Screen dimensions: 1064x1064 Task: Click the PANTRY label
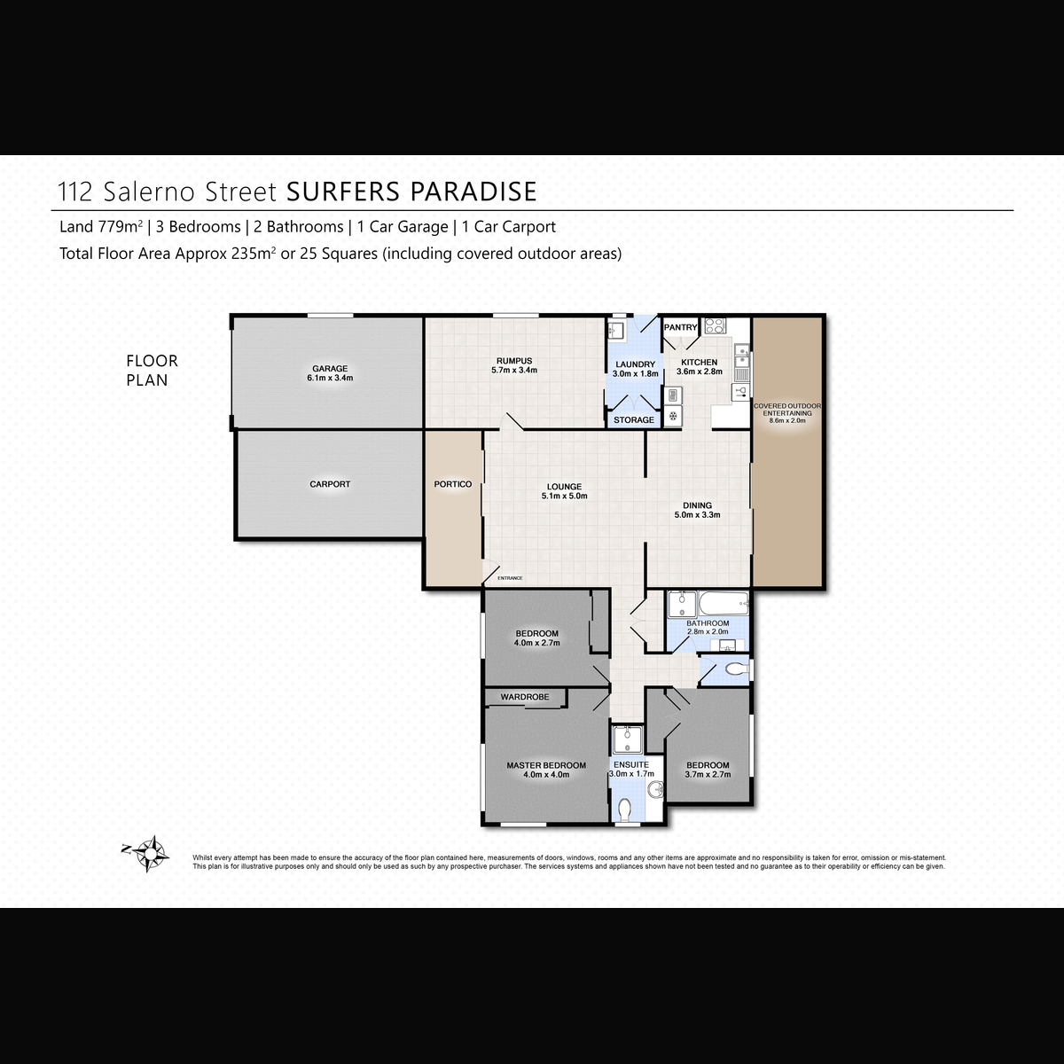click(680, 327)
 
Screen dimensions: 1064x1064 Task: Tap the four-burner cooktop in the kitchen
click(715, 325)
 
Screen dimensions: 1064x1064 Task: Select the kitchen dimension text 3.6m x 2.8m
click(699, 372)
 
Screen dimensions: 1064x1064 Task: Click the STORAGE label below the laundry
click(634, 420)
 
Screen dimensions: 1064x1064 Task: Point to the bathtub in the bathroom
click(724, 605)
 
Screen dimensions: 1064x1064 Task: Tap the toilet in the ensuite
click(624, 810)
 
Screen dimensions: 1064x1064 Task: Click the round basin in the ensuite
click(655, 790)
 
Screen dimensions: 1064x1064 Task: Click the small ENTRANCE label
click(510, 578)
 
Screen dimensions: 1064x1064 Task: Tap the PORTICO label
click(453, 484)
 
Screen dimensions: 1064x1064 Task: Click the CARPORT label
click(330, 484)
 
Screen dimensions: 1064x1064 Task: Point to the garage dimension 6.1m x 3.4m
click(330, 379)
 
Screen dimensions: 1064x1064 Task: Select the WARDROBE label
click(525, 697)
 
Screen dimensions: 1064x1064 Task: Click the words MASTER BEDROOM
click(546, 765)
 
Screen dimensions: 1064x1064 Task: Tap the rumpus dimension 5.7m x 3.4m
click(514, 371)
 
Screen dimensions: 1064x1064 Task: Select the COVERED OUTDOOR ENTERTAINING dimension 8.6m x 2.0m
click(787, 421)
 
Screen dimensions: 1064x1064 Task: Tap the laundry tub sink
click(614, 331)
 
